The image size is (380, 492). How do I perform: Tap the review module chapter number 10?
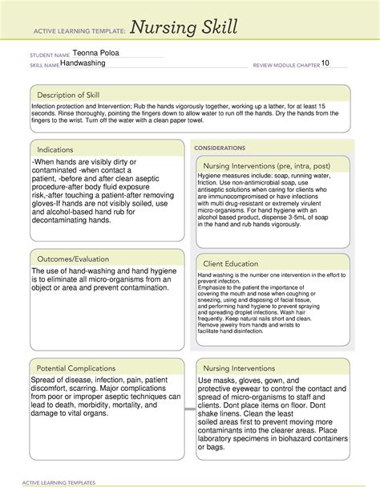coord(325,63)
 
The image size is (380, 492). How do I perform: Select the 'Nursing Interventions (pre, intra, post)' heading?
coord(273,165)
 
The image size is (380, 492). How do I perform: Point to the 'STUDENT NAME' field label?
coord(50,54)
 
